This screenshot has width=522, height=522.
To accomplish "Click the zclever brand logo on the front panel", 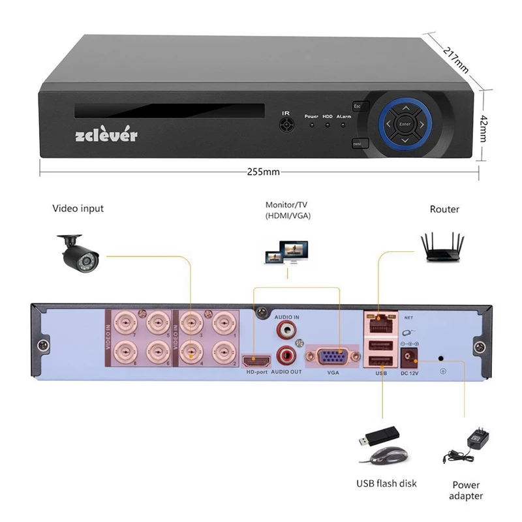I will (107, 135).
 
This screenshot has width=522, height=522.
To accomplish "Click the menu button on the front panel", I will (358, 143).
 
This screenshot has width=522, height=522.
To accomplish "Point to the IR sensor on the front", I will (285, 125).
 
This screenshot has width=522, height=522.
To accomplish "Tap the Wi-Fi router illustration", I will (445, 247).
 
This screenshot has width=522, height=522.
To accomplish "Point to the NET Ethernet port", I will (379, 321).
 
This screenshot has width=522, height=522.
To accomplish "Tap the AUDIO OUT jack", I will (286, 356).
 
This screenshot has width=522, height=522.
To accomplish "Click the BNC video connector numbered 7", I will (125, 322).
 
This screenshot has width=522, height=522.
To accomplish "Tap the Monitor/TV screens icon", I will (286, 251).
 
